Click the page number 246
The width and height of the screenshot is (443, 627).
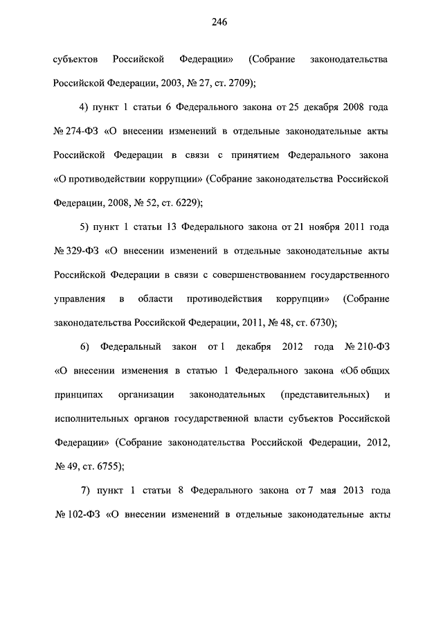(221, 21)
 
